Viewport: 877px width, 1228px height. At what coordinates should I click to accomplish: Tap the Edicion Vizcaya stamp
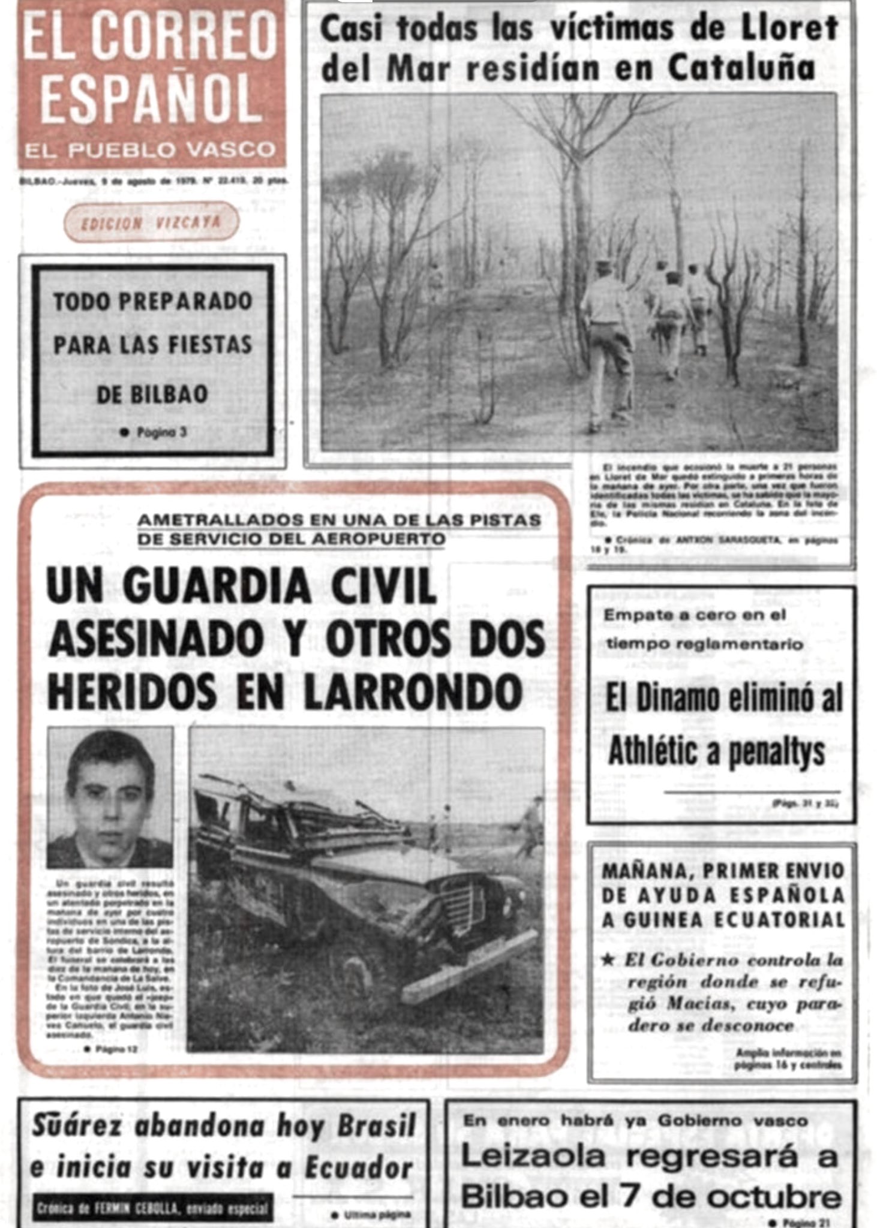[x=151, y=222]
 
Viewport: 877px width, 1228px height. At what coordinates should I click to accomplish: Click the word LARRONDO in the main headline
[x=413, y=692]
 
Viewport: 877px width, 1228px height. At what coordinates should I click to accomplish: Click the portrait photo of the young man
[x=110, y=797]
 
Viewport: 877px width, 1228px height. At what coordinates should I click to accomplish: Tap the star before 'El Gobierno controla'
[x=609, y=960]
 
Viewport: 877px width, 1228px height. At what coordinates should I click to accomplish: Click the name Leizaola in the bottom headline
[x=533, y=1156]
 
